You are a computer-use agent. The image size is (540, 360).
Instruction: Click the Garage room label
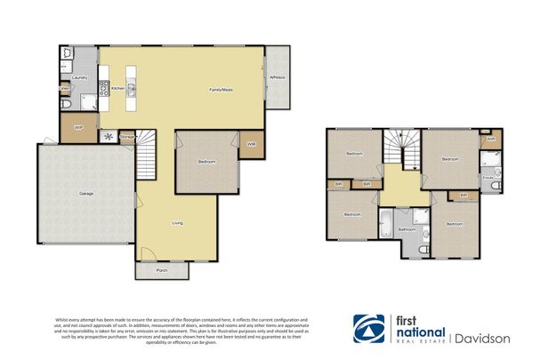86,193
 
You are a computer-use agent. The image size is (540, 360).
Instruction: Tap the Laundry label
78,78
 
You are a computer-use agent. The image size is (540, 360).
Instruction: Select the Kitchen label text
117,88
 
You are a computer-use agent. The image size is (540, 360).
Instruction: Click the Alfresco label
277,78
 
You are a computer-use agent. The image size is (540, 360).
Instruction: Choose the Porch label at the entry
162,269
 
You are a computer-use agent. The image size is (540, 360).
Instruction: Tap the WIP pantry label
78,128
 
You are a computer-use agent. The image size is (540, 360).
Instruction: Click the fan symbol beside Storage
109,137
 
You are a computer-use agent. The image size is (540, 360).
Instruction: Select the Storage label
127,137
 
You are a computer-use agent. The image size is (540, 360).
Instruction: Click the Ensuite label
488,177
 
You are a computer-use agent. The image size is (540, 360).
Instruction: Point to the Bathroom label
407,229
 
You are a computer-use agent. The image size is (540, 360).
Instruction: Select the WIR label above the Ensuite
489,139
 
